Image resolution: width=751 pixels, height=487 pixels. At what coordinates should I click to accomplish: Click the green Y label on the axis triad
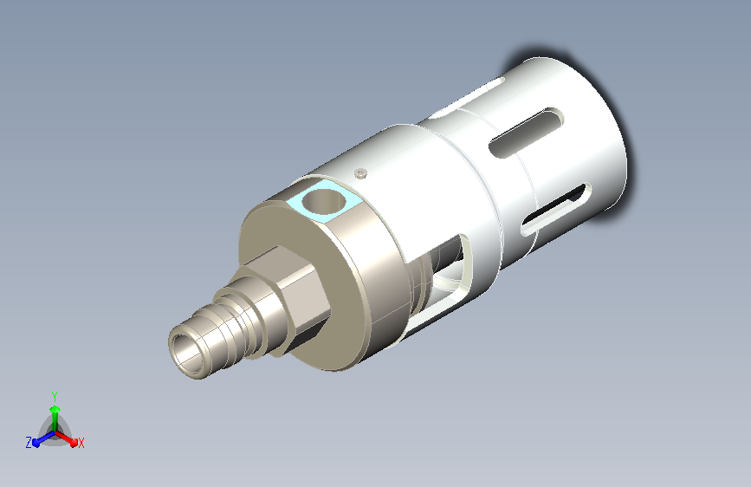pos(55,397)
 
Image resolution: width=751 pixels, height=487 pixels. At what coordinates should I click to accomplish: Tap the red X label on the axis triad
pos(81,443)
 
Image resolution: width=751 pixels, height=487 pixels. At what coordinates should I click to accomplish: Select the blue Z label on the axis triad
pos(29,443)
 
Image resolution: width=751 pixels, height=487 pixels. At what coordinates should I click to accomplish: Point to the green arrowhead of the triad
pos(55,410)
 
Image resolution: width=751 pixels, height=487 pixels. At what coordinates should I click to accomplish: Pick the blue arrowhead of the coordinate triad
pos(37,443)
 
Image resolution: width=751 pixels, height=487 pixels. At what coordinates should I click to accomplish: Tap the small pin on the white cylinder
pos(360,172)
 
